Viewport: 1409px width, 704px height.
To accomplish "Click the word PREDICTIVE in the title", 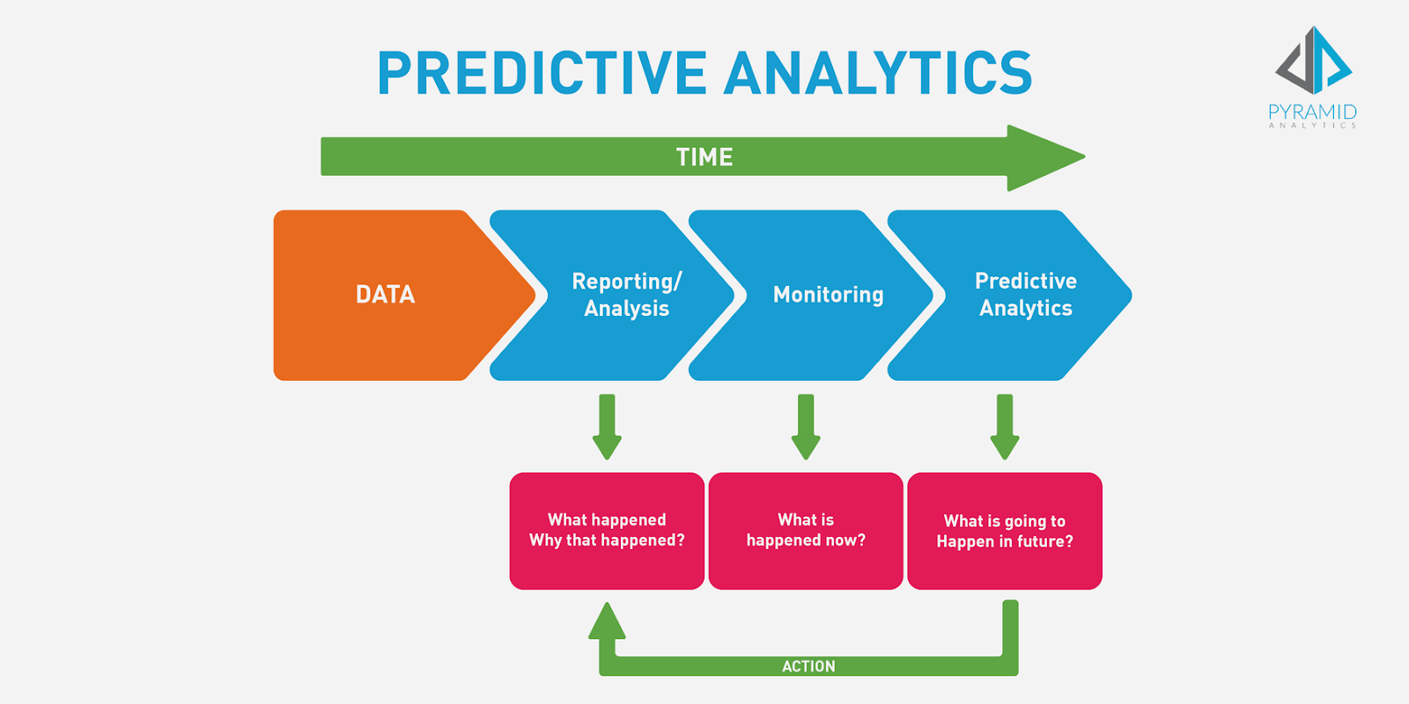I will point(542,73).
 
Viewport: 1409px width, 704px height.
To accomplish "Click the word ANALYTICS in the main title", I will point(878,73).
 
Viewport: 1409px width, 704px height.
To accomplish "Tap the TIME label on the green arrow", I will point(704,158).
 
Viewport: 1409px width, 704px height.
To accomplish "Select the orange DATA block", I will point(385,295).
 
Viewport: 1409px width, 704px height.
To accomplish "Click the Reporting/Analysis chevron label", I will point(626,295).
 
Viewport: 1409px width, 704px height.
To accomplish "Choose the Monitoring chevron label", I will point(828,295).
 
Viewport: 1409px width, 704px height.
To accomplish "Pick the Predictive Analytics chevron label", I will point(1025,295).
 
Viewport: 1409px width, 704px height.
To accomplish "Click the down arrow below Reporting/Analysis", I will point(607,428).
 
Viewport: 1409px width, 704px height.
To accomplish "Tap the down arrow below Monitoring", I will point(806,428).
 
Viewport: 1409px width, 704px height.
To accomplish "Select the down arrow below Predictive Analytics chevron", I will point(1005,428).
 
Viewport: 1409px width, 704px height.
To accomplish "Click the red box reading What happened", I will point(607,531).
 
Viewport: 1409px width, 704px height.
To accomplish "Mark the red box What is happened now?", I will point(806,531).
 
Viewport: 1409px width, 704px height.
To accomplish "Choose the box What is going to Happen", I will point(1005,531).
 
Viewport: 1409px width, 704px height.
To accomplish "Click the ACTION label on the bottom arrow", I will point(808,666).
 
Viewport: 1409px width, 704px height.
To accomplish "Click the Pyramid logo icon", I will point(1314,61).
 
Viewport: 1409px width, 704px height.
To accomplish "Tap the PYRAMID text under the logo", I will point(1312,112).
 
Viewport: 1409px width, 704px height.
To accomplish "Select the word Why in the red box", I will point(544,540).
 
